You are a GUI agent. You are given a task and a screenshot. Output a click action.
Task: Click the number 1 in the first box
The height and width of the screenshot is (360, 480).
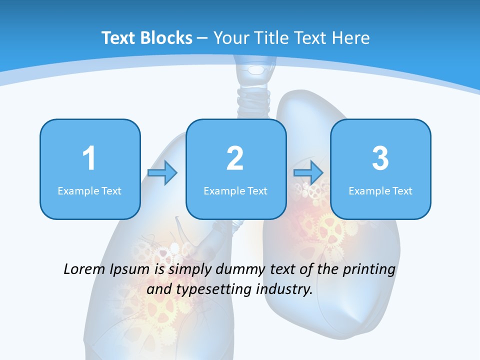(89, 158)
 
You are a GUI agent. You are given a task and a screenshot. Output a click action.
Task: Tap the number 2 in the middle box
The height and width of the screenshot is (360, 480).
(235, 158)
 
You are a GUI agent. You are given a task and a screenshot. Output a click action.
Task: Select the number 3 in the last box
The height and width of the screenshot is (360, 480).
(380, 158)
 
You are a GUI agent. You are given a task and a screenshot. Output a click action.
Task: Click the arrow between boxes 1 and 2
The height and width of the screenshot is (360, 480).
(162, 173)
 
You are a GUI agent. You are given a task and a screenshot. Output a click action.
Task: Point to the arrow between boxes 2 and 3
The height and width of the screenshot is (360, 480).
(308, 173)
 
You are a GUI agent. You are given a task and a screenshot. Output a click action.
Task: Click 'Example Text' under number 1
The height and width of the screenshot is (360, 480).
(89, 190)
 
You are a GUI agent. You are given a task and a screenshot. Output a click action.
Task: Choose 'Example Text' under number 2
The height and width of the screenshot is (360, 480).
(235, 190)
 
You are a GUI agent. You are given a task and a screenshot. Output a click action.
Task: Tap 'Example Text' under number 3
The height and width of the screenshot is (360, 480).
(380, 190)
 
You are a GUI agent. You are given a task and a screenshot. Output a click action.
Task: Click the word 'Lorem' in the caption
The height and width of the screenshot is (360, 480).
(84, 269)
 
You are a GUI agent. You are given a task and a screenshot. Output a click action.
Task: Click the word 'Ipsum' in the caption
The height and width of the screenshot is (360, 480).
(130, 270)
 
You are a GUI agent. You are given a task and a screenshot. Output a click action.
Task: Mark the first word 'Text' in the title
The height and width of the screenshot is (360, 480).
(118, 38)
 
